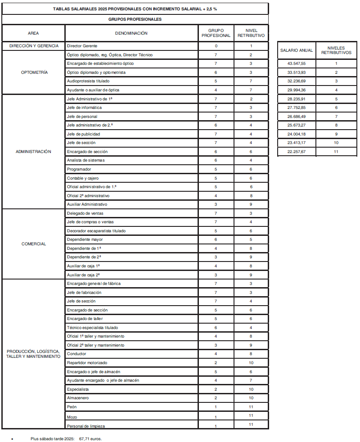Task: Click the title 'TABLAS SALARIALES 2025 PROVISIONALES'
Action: click(x=135, y=9)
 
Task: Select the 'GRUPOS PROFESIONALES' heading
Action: click(x=135, y=19)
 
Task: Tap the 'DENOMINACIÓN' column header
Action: click(x=131, y=33)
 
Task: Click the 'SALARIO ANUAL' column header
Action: click(x=297, y=50)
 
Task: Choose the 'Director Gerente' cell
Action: click(x=82, y=46)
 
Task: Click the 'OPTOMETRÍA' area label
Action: click(x=34, y=72)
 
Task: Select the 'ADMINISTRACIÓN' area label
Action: click(x=34, y=152)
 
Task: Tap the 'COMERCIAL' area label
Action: click(x=34, y=244)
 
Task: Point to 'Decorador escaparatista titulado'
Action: click(x=96, y=231)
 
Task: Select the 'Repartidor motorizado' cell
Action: click(x=87, y=363)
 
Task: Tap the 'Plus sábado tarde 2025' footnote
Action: click(x=66, y=438)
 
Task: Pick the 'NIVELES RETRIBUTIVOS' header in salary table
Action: click(x=336, y=50)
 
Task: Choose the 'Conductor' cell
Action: click(x=76, y=354)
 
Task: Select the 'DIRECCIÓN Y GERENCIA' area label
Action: click(x=34, y=46)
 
